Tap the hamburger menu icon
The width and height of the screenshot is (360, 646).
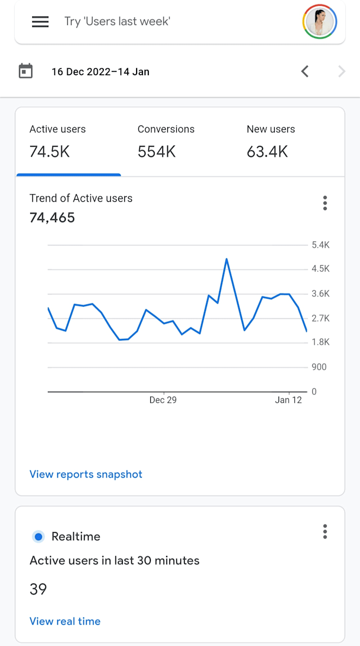point(40,22)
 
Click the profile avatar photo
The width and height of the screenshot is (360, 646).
point(320,22)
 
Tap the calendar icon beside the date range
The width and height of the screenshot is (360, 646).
point(26,71)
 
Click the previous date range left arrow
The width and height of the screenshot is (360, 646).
point(305,71)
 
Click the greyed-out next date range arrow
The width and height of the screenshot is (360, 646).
point(341,71)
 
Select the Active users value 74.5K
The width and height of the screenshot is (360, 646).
point(50,152)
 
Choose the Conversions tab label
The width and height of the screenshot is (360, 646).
point(166,129)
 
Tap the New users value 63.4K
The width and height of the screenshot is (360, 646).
point(267,152)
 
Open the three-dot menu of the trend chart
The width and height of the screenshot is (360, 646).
point(325,203)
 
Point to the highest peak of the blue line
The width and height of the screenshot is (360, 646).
point(227,259)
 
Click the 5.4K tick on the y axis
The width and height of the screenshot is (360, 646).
point(320,245)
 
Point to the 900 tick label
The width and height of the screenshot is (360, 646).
point(319,367)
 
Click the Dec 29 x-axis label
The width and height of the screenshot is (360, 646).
point(163,400)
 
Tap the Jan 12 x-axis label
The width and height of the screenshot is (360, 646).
point(289,400)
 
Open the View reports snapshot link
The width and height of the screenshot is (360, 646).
point(86,474)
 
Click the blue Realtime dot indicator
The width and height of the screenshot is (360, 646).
point(38,536)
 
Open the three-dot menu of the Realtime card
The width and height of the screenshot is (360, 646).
point(325,532)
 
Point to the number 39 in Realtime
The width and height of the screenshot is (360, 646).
point(38,589)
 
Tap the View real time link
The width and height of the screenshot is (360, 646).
point(65,621)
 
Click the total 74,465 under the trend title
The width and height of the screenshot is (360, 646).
point(52,218)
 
